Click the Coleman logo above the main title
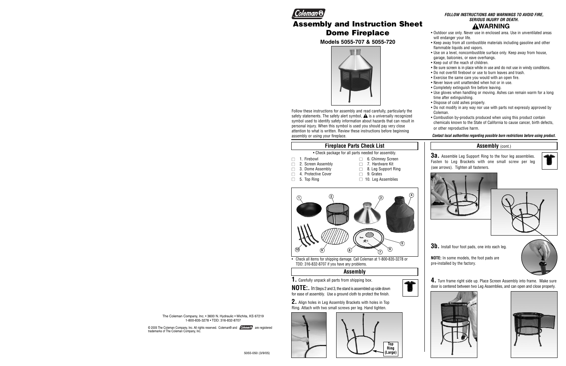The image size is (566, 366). [x=309, y=13]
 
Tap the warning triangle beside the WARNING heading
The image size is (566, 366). [x=475, y=26]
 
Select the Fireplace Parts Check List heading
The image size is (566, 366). [x=354, y=146]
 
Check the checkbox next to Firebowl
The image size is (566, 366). [x=293, y=159]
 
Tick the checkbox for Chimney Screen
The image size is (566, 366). [x=361, y=159]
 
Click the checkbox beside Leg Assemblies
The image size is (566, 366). [x=361, y=180]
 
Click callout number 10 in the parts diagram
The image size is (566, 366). [x=297, y=249]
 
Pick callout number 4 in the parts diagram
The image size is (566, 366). [x=411, y=195]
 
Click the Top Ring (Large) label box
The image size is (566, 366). [x=390, y=348]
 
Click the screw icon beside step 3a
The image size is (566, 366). [x=550, y=161]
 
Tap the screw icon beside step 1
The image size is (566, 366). [x=410, y=288]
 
